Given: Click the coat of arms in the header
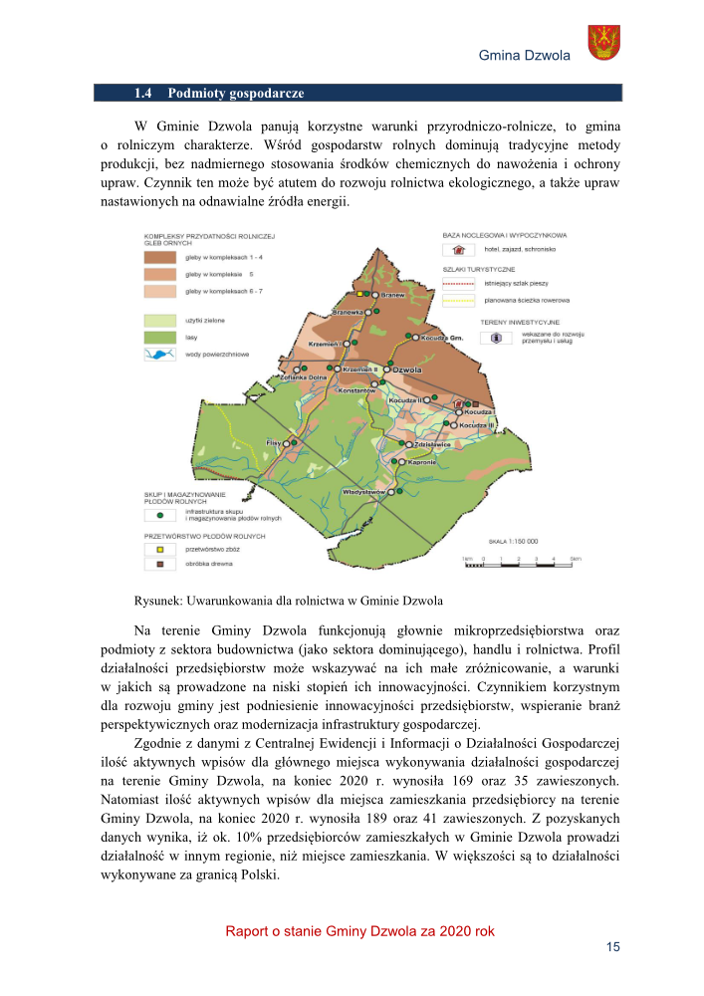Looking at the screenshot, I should point(603,42).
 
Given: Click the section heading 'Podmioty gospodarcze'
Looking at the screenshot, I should point(235,94).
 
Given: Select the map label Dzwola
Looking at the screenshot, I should point(408,371).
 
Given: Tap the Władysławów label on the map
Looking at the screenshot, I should point(363,492).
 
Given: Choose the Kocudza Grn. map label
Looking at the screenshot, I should point(443,338).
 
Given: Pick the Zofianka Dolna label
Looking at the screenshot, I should point(276,378).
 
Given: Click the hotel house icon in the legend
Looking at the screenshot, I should point(459,249).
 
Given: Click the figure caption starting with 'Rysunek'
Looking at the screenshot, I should point(288,601).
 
